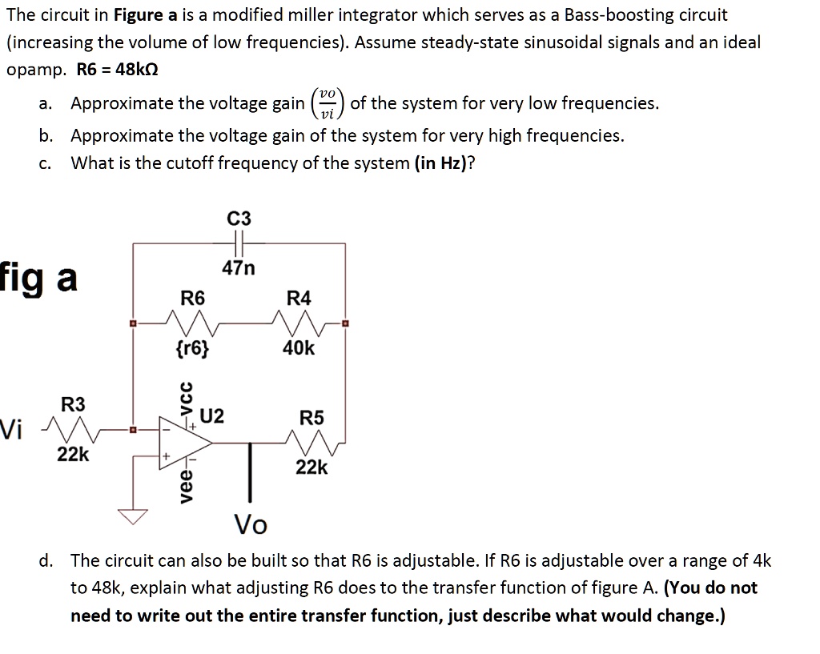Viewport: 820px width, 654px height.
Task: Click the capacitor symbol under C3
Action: pyautogui.click(x=239, y=242)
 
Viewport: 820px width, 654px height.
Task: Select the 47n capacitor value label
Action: pyautogui.click(x=239, y=269)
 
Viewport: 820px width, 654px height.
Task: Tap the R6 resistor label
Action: pyautogui.click(x=192, y=299)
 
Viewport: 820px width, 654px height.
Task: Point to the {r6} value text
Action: pyautogui.click(x=192, y=348)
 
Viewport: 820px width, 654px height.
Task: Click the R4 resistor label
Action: pyautogui.click(x=299, y=299)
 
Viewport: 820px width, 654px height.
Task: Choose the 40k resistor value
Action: pyautogui.click(x=299, y=348)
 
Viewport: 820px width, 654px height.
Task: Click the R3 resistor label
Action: pyautogui.click(x=73, y=404)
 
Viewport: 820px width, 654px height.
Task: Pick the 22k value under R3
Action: pyautogui.click(x=73, y=455)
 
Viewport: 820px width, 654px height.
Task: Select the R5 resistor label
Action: pyautogui.click(x=312, y=418)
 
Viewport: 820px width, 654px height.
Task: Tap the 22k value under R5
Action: pyautogui.click(x=312, y=467)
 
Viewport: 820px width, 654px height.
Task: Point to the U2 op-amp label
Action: pyautogui.click(x=212, y=416)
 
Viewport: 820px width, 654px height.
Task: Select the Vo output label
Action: pyautogui.click(x=251, y=526)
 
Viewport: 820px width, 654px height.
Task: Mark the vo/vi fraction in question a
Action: pyautogui.click(x=328, y=103)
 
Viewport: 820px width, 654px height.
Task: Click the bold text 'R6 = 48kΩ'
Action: pyautogui.click(x=117, y=69)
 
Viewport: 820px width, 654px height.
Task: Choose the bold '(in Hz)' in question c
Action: pyautogui.click(x=444, y=163)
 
